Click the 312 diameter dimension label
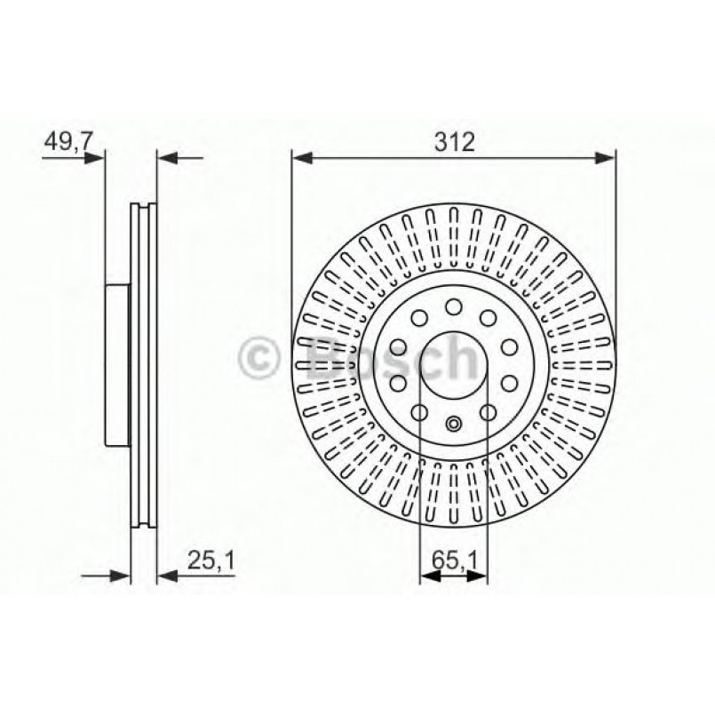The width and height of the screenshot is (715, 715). coord(454,142)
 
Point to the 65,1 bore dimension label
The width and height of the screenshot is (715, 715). coord(454,560)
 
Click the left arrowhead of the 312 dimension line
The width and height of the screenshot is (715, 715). coord(302,158)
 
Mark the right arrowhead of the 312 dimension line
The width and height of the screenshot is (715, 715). coord(606,158)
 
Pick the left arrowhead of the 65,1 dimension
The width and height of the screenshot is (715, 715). coord(430,576)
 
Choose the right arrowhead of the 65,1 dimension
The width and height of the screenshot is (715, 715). coord(477,576)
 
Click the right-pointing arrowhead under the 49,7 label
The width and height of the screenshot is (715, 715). coord(94,158)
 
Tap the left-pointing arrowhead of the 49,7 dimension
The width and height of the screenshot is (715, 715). coord(167,158)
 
